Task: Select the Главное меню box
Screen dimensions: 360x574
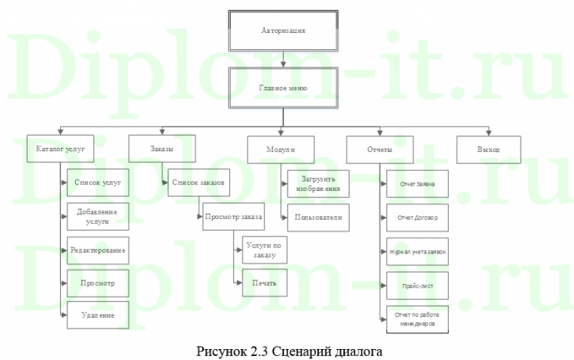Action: click(282, 88)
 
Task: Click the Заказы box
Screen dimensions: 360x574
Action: click(162, 147)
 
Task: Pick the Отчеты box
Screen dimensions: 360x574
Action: click(380, 148)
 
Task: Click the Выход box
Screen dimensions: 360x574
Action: click(489, 148)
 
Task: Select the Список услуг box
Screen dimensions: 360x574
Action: click(98, 182)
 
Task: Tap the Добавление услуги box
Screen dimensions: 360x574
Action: click(98, 216)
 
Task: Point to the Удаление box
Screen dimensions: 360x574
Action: click(98, 315)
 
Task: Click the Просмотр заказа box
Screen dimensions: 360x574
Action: click(233, 216)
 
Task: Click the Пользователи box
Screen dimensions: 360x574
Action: click(316, 217)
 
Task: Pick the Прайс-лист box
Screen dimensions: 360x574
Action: click(417, 286)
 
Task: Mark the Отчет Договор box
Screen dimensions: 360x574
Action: click(417, 218)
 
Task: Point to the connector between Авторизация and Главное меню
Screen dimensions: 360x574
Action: click(282, 59)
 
